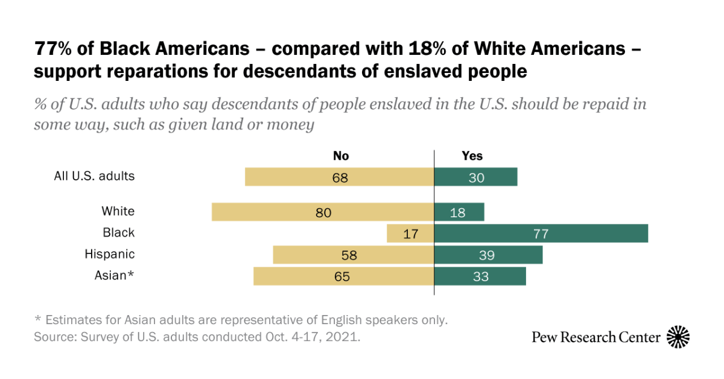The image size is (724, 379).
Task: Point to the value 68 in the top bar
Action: pos(340,177)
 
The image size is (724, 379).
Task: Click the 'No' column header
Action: pos(341,156)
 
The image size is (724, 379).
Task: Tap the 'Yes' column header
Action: pos(472,156)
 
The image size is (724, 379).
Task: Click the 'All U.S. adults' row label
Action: pos(94,176)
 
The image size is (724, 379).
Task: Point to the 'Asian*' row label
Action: pos(114,275)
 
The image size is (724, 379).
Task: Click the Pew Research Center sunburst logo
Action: pos(678,337)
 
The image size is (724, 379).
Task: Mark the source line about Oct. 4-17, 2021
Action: pos(197,337)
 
